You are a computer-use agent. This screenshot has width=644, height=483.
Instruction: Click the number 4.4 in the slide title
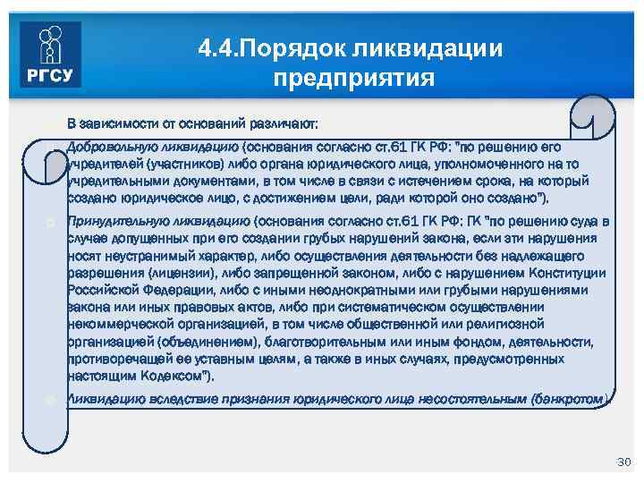pos(218,47)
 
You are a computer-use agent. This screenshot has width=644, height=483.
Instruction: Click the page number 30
pos(623,462)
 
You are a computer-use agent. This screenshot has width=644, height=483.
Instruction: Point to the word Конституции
pos(566,273)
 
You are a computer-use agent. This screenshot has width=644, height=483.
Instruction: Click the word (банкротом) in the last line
pos(570,399)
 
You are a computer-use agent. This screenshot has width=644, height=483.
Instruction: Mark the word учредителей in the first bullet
pos(100,165)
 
